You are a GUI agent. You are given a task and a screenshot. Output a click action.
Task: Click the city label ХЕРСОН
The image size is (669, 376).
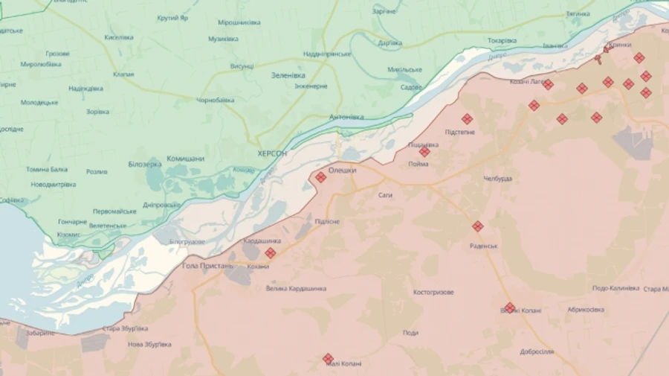click(x=271, y=153)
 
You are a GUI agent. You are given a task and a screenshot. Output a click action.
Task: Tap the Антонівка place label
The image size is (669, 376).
click(x=346, y=117)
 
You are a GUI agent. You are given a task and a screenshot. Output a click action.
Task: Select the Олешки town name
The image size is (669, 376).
click(x=342, y=171)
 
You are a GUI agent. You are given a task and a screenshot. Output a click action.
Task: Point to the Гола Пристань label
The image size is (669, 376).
click(x=207, y=265)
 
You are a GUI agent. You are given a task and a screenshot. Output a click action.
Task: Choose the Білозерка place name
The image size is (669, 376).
click(x=144, y=164)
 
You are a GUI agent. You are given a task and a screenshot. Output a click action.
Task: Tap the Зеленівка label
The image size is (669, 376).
click(x=288, y=74)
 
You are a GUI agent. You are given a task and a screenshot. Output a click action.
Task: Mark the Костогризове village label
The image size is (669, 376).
click(x=433, y=293)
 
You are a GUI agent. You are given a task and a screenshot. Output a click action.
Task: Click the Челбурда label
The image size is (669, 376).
click(x=497, y=179)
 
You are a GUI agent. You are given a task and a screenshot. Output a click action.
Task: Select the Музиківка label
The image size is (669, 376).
click(x=223, y=39)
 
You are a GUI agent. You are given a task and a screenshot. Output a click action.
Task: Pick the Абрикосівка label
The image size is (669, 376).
click(x=586, y=310)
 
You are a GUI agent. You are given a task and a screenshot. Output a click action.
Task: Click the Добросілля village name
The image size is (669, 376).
click(x=537, y=351)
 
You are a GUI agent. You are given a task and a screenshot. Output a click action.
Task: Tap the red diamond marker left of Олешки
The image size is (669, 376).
click(x=320, y=177)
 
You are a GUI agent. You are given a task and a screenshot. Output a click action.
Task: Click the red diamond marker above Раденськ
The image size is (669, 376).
click(x=477, y=226)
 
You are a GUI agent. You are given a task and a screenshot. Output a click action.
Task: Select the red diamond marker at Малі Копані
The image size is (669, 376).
click(x=328, y=359)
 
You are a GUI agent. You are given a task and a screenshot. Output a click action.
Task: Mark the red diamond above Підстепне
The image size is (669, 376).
click(x=467, y=119)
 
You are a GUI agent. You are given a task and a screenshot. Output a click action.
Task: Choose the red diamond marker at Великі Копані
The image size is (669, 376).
click(x=510, y=308)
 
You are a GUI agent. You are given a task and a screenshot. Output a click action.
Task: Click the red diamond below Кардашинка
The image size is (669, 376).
click(x=270, y=253)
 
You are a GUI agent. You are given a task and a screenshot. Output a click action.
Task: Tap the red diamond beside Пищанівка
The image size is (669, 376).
click(x=424, y=152)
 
